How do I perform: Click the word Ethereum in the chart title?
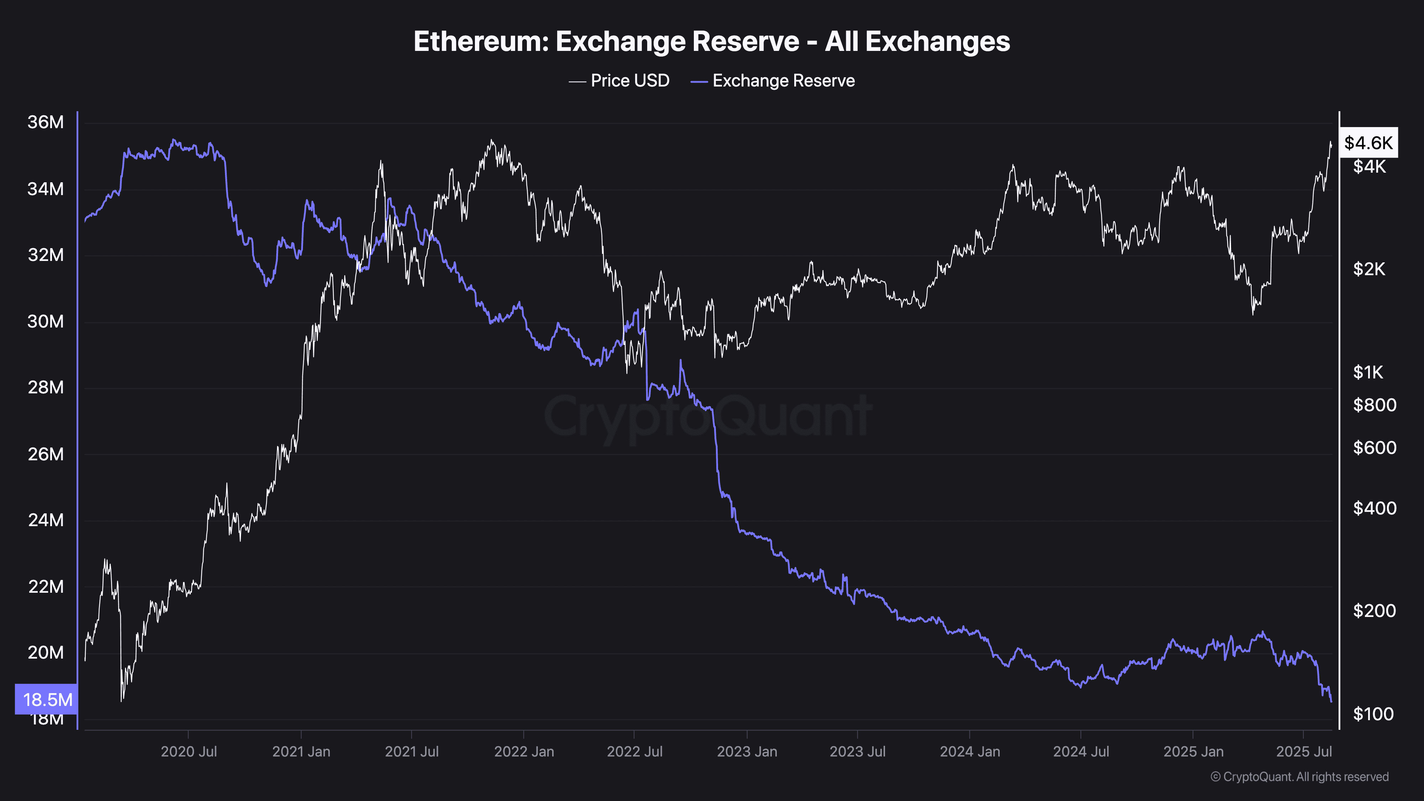pyautogui.click(x=480, y=41)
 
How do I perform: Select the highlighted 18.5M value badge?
pyautogui.click(x=47, y=699)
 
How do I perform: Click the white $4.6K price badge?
pyautogui.click(x=1368, y=143)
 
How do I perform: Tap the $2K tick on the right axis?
pyautogui.click(x=1369, y=269)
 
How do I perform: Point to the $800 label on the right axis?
pyautogui.click(x=1374, y=405)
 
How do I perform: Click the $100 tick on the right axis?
pyautogui.click(x=1373, y=714)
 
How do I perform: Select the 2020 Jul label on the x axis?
pyautogui.click(x=189, y=751)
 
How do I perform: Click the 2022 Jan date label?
pyautogui.click(x=523, y=751)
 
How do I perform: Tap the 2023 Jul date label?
pyautogui.click(x=857, y=751)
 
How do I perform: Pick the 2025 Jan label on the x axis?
pyautogui.click(x=1193, y=751)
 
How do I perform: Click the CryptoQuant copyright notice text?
pyautogui.click(x=1299, y=777)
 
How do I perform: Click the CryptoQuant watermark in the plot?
pyautogui.click(x=708, y=416)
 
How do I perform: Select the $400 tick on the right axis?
pyautogui.click(x=1374, y=508)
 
